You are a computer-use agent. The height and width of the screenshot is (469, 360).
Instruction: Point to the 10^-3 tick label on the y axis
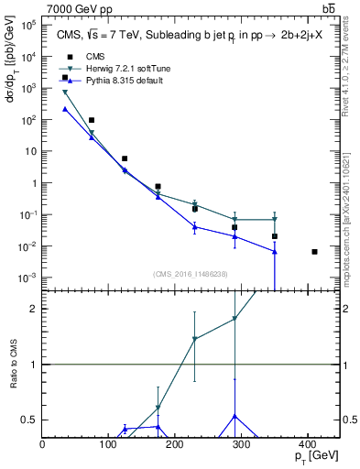[x=28, y=278]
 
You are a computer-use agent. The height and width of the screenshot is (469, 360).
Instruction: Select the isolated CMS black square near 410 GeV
[x=314, y=252]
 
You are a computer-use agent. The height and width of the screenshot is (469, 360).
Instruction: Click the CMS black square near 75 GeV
[x=92, y=120]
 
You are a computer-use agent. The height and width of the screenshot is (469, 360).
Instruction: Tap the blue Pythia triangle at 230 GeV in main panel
[x=195, y=227]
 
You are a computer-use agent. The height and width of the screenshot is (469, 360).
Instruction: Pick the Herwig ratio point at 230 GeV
[x=195, y=339]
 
